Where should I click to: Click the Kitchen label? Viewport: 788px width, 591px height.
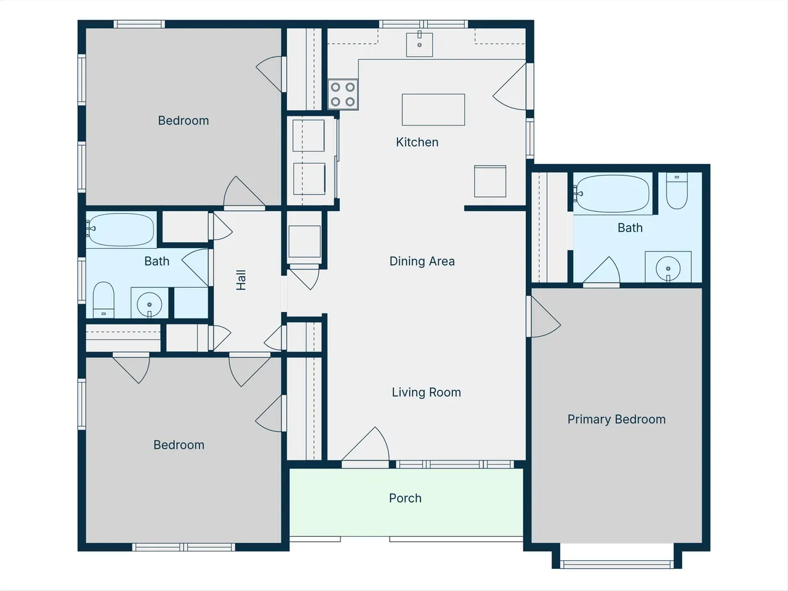tap(417, 142)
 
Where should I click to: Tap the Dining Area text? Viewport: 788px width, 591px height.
tap(422, 261)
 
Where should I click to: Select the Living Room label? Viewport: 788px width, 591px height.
tap(426, 392)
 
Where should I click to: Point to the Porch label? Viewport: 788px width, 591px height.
tap(405, 498)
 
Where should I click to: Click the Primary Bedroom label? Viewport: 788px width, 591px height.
tap(616, 419)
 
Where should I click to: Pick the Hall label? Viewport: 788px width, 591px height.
tap(241, 280)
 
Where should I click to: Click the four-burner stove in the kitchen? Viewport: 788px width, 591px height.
tap(343, 94)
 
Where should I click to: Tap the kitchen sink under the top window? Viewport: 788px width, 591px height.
tap(419, 44)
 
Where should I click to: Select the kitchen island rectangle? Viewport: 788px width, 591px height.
tap(433, 110)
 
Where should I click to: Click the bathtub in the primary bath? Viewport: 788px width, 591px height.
tap(613, 194)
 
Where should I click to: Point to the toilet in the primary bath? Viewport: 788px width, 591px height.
tap(677, 191)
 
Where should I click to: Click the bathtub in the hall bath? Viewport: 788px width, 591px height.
tap(121, 230)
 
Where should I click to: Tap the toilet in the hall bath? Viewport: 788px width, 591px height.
tap(103, 300)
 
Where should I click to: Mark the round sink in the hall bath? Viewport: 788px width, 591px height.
tap(150, 304)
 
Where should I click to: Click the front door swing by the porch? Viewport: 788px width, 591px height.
tap(366, 445)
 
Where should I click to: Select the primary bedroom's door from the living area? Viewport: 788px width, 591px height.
tap(543, 316)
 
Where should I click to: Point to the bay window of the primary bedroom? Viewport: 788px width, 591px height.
tap(617, 565)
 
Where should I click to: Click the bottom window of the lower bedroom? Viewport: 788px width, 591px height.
tap(183, 547)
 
